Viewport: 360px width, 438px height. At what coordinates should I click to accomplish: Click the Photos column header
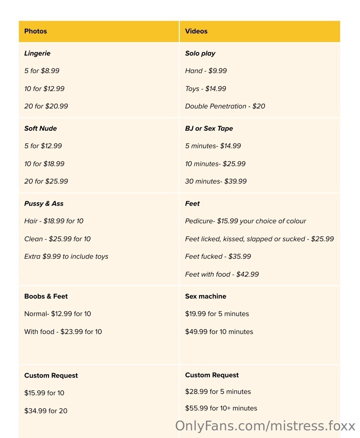[36, 31]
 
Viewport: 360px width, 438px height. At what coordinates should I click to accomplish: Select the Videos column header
[196, 31]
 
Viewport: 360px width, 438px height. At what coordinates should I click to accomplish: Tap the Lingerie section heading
[37, 53]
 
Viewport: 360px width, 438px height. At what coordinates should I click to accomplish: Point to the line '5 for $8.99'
[42, 71]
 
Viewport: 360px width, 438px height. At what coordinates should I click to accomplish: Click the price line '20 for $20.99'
[46, 106]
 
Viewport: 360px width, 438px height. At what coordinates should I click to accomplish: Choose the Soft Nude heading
[40, 128]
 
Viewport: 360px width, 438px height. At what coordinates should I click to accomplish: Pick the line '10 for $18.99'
[44, 164]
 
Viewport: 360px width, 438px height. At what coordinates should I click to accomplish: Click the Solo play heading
[200, 53]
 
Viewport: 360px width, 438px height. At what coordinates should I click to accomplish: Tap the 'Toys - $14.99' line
[206, 89]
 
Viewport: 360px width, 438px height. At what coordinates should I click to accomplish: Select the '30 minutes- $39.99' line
[216, 181]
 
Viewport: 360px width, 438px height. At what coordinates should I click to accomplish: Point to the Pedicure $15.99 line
[246, 221]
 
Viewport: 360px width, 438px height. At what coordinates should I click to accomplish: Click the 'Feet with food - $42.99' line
[222, 274]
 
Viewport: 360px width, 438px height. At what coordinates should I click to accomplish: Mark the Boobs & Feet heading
[46, 296]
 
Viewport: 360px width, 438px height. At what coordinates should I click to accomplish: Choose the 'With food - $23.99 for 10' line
[63, 332]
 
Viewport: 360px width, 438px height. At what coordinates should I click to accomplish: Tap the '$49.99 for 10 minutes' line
[219, 332]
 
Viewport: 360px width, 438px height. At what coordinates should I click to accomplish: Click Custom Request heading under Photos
[51, 376]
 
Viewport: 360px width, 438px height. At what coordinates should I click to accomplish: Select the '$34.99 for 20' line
[46, 411]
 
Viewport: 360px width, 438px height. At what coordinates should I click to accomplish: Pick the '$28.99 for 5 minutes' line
[218, 392]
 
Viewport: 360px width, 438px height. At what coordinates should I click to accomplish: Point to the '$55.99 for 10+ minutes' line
[221, 408]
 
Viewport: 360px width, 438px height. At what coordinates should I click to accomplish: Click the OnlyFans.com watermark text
[265, 426]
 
